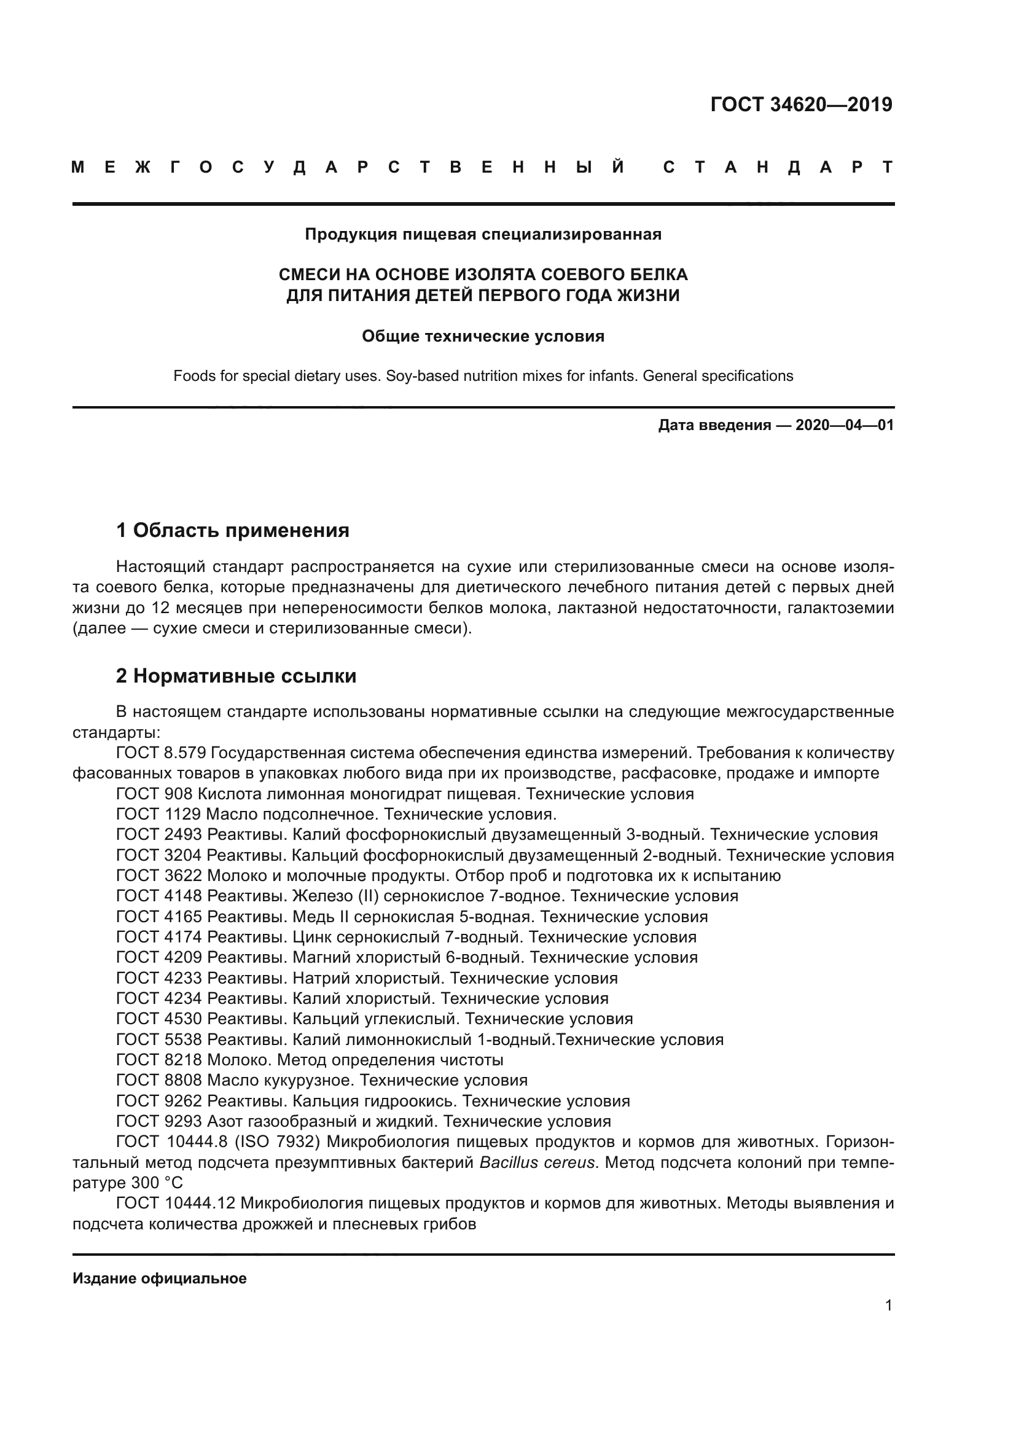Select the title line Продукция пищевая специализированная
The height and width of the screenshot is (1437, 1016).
click(482, 234)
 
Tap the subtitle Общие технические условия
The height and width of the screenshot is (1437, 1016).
click(482, 336)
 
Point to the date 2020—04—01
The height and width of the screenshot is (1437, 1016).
click(844, 426)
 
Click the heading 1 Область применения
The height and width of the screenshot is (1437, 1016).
click(232, 530)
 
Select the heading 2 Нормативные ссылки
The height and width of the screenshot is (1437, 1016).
click(236, 676)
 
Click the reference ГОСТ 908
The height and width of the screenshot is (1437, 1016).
click(156, 794)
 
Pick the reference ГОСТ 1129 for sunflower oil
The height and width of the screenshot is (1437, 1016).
click(158, 814)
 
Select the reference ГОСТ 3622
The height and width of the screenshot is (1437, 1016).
click(159, 875)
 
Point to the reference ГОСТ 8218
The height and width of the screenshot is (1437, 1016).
click(159, 1060)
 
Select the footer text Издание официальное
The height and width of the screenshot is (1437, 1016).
click(160, 1278)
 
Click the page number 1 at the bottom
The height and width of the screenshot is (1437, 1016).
click(888, 1306)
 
